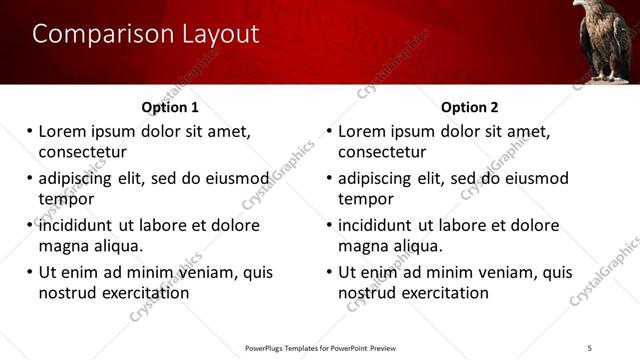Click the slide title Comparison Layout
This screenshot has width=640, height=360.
click(x=146, y=34)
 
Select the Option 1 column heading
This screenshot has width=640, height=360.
click(x=170, y=107)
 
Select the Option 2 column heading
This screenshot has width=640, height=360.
click(x=469, y=107)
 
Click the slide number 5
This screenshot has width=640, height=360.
click(x=590, y=346)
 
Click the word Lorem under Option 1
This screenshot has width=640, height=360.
click(x=64, y=132)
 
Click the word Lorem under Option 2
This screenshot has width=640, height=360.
click(x=364, y=132)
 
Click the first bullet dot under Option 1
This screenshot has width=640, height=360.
click(x=29, y=131)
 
